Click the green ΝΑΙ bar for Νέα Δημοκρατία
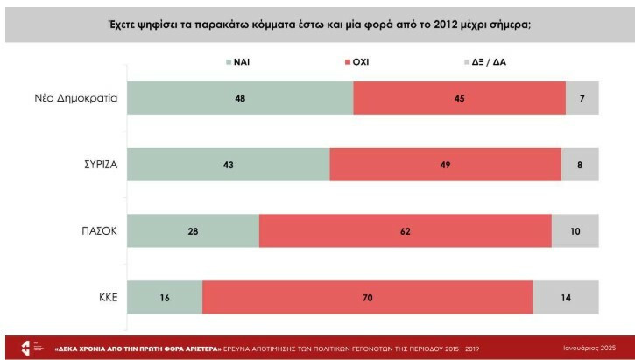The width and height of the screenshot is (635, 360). click(240, 98)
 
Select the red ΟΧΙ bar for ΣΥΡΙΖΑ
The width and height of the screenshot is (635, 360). click(445, 165)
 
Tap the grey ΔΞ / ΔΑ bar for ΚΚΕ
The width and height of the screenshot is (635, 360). click(566, 298)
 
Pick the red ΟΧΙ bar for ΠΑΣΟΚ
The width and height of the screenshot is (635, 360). click(406, 231)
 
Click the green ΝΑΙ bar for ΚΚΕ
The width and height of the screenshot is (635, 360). click(165, 298)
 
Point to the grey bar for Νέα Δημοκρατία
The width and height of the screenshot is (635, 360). click(582, 98)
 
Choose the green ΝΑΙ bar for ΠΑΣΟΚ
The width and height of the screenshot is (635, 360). click(194, 231)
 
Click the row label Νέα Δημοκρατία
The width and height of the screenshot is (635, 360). click(76, 98)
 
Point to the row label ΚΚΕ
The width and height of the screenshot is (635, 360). click(105, 298)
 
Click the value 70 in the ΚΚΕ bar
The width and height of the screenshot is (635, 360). click(368, 298)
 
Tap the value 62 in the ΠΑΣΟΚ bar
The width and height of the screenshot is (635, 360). click(406, 231)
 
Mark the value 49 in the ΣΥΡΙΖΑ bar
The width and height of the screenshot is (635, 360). click(445, 165)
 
